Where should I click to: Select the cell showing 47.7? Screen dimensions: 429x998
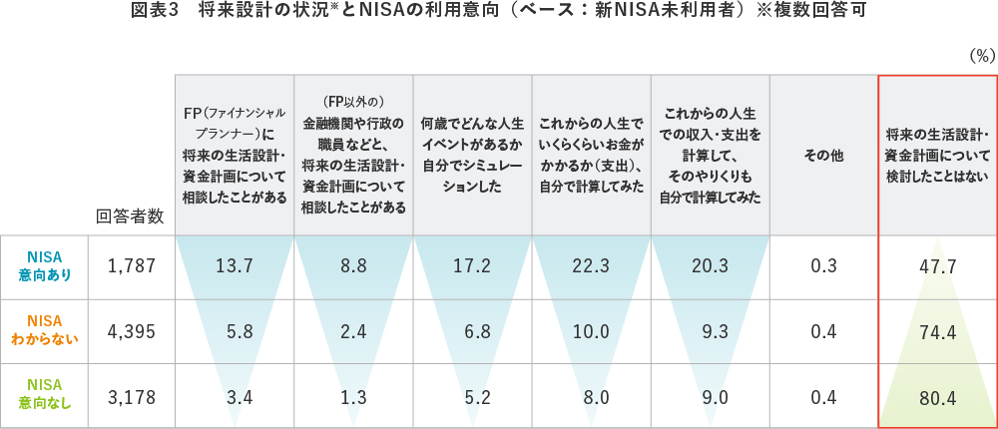(x=937, y=267)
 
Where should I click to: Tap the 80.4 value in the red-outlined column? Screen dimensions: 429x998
(x=937, y=398)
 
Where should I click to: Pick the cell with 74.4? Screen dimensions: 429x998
(x=937, y=332)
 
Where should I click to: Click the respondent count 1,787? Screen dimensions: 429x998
(x=131, y=266)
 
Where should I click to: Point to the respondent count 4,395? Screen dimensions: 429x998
(x=131, y=332)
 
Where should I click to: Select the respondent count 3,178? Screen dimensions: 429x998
(x=131, y=397)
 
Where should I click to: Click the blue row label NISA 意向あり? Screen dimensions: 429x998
(x=45, y=266)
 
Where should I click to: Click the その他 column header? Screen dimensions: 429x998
(x=823, y=156)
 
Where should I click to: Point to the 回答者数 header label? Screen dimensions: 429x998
(x=130, y=216)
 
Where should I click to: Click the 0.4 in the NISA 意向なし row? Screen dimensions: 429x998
(x=823, y=398)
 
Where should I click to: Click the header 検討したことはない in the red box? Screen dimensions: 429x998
(x=937, y=156)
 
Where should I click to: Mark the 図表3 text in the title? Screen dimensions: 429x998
(x=154, y=12)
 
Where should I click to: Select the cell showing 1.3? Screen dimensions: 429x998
(x=353, y=398)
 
